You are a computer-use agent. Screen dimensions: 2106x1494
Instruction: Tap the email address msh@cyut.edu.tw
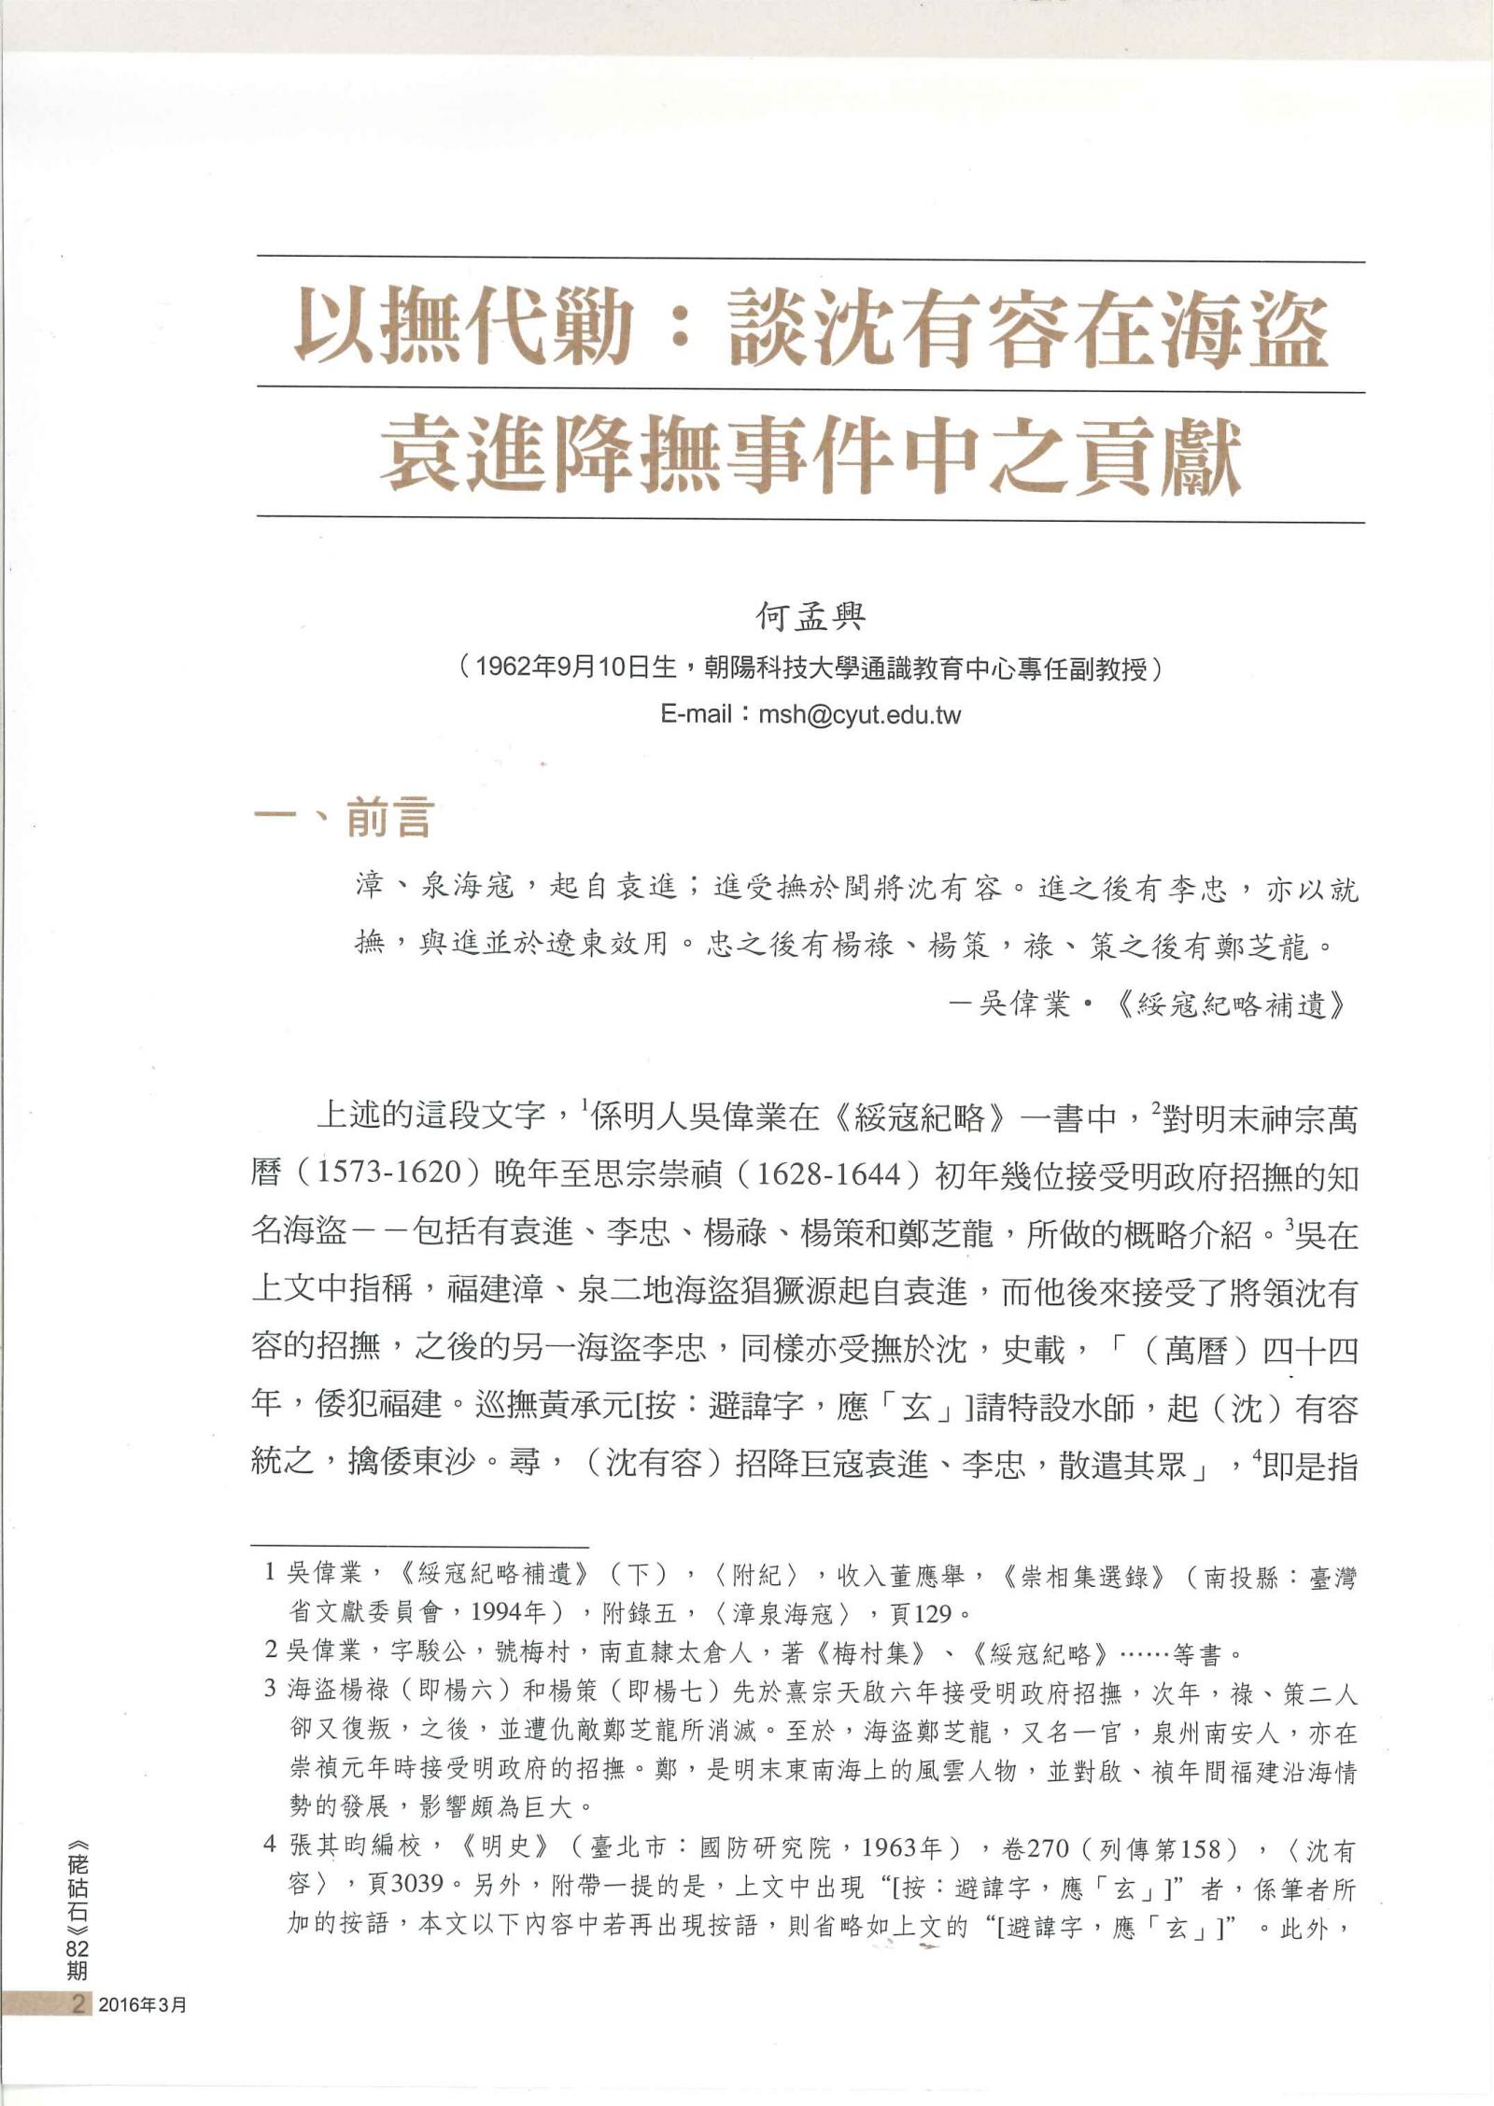coord(859,715)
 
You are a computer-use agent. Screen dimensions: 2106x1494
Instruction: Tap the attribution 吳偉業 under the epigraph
coord(1023,1004)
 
